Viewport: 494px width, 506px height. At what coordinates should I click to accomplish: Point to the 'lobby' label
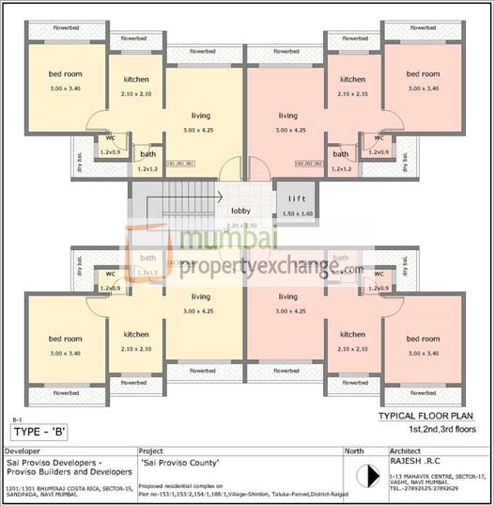coord(240,211)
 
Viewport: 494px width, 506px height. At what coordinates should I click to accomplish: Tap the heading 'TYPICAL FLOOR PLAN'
coord(427,415)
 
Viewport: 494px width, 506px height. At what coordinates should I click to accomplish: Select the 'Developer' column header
coord(23,451)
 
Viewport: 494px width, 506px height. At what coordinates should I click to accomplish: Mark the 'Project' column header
coord(153,451)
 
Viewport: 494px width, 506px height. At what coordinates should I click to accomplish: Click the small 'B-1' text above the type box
coord(16,419)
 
